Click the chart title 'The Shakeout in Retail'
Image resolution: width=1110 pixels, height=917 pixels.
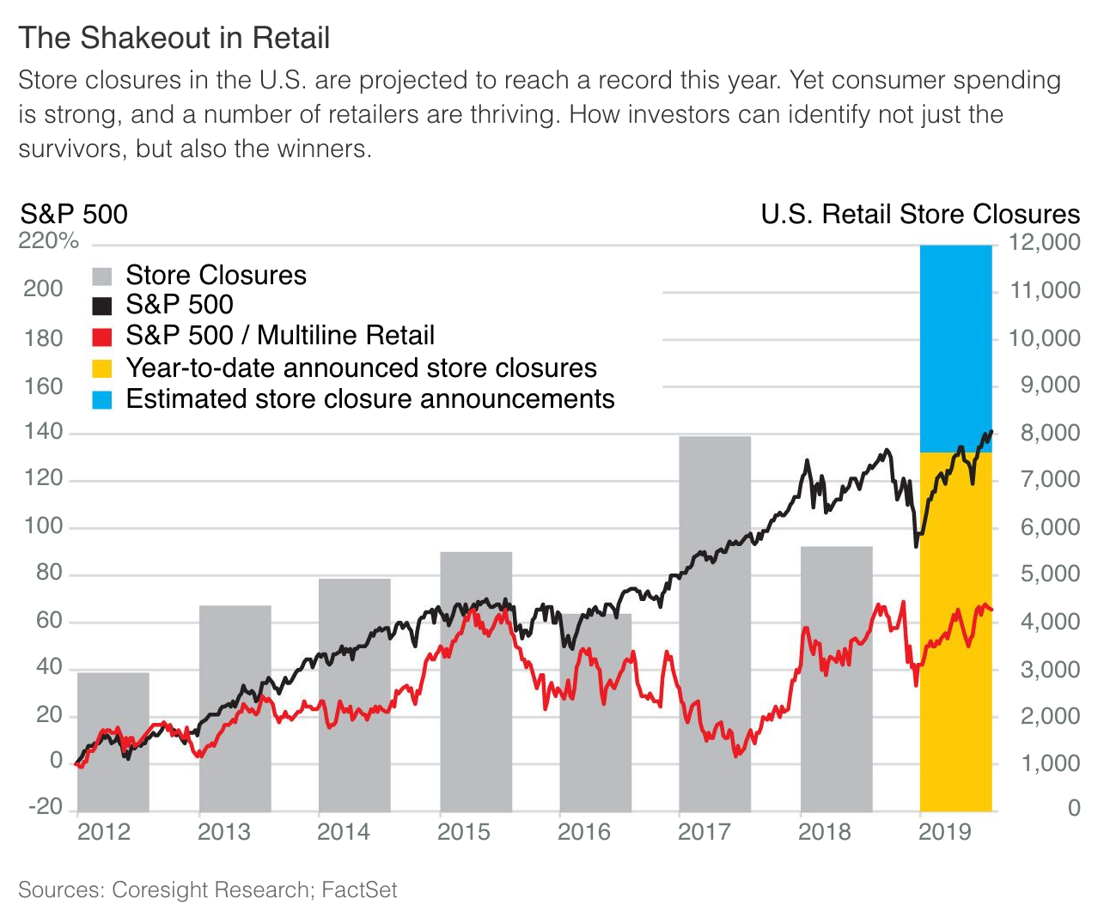[x=174, y=39]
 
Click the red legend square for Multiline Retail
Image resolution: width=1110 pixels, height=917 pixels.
[x=102, y=337]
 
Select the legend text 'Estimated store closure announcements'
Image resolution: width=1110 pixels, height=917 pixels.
[x=370, y=399]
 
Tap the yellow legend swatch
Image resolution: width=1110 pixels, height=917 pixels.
[x=102, y=368]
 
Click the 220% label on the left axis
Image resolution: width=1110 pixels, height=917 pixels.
[x=48, y=241]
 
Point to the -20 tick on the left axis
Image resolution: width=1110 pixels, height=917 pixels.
[x=46, y=807]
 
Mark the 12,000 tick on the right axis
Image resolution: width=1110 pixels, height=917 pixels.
[x=1044, y=242]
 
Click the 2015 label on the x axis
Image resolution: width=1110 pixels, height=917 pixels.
[x=464, y=832]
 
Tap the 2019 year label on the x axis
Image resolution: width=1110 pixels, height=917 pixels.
[x=945, y=832]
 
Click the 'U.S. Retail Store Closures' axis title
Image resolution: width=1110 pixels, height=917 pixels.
[x=920, y=214]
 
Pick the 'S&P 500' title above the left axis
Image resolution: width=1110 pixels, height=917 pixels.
[x=74, y=214]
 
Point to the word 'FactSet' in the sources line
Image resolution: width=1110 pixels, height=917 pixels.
[x=359, y=890]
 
